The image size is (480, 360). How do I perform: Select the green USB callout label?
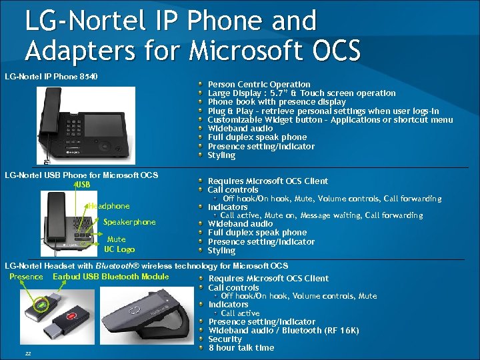[x=82, y=184]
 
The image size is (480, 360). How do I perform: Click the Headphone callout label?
[x=109, y=206]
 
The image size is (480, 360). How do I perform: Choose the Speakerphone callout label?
[x=129, y=222]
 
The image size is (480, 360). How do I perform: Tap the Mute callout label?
[x=116, y=239]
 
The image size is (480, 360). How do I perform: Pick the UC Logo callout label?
[x=119, y=249]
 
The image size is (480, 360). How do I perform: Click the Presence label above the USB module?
[x=26, y=277]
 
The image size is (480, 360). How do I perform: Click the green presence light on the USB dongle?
[x=42, y=307]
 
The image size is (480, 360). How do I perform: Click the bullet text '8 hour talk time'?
[x=241, y=347]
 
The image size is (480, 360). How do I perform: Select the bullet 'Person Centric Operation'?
[x=259, y=85]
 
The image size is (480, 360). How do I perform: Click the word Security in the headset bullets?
[x=225, y=339]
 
